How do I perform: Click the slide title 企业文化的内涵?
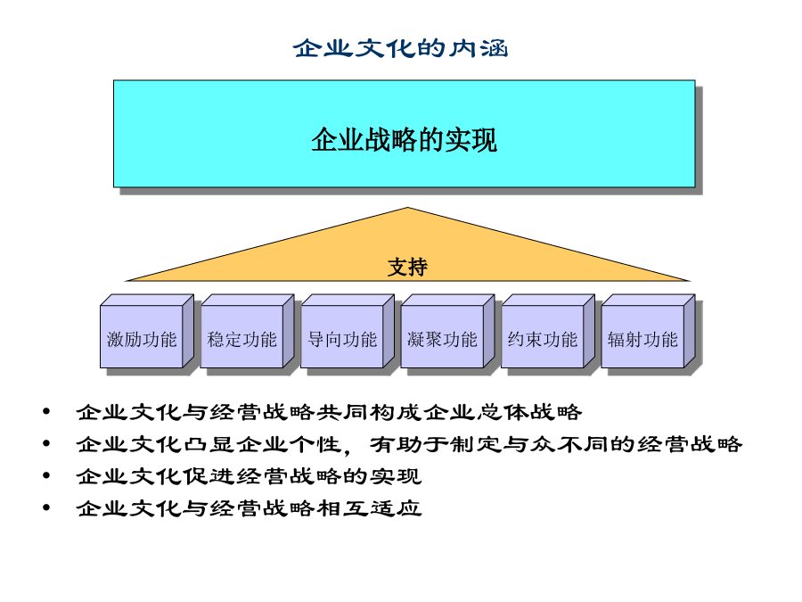click(x=400, y=49)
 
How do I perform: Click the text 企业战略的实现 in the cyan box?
click(x=404, y=140)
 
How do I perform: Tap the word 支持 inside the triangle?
click(x=407, y=268)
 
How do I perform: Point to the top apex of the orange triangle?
click(x=407, y=207)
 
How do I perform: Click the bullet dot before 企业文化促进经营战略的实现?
click(x=46, y=475)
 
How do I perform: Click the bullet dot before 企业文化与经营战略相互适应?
click(x=46, y=507)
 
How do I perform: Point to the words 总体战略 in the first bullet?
click(x=529, y=412)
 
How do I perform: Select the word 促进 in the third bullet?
click(x=209, y=476)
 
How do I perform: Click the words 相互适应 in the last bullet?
click(x=369, y=508)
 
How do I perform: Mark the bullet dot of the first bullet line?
click(x=46, y=411)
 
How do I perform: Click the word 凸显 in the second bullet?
click(x=209, y=444)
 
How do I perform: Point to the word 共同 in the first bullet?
click(x=343, y=412)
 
